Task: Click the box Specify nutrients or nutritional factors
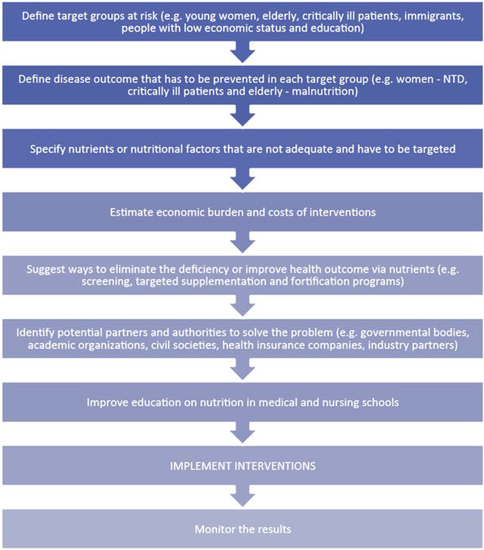[242, 149]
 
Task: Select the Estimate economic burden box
[242, 212]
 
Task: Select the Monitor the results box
[242, 529]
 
